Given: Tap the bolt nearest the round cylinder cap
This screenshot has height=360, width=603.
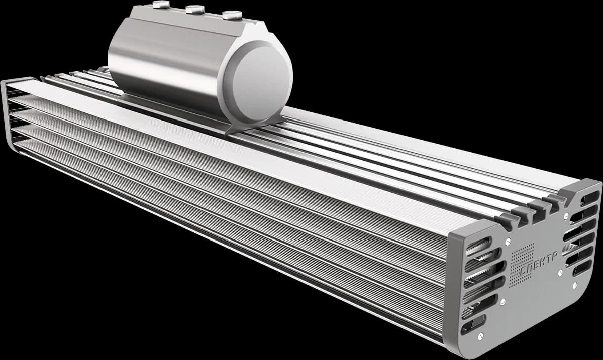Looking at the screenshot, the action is [232, 15].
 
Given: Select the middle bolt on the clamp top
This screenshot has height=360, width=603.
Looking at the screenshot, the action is [195, 9].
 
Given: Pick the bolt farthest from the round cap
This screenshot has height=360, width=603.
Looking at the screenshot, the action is [161, 5].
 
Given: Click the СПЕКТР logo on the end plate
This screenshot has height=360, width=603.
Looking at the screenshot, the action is [540, 265].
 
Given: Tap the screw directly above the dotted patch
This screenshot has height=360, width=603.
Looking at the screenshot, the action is [508, 242].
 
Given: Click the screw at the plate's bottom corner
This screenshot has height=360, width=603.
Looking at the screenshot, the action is [480, 336].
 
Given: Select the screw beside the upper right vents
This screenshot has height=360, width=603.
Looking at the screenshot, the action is [566, 216].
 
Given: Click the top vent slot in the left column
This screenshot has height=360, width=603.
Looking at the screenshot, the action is [478, 246].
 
